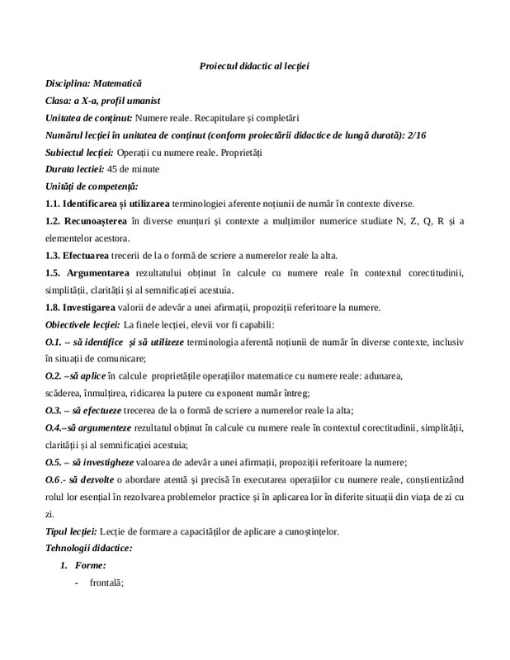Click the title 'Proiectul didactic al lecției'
[x=254, y=65]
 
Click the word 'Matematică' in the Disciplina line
[x=118, y=83]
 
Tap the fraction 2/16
[x=453, y=135]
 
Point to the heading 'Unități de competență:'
[x=92, y=186]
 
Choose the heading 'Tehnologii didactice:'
[x=89, y=547]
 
